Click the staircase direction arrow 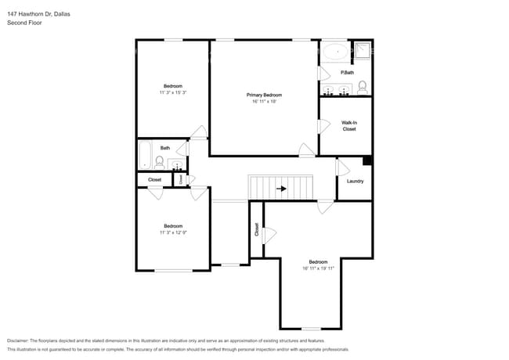(x=280, y=188)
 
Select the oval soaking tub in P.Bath (x=336, y=52)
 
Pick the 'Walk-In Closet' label (x=348, y=126)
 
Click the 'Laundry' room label (x=355, y=181)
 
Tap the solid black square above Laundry (x=367, y=161)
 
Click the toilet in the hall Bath (x=160, y=163)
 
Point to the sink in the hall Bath (x=176, y=164)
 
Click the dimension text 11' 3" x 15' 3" (x=172, y=92)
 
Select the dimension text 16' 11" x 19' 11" (x=318, y=268)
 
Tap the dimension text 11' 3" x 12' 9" (x=172, y=232)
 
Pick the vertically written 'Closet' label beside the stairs (x=256, y=229)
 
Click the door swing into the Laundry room (x=342, y=167)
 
